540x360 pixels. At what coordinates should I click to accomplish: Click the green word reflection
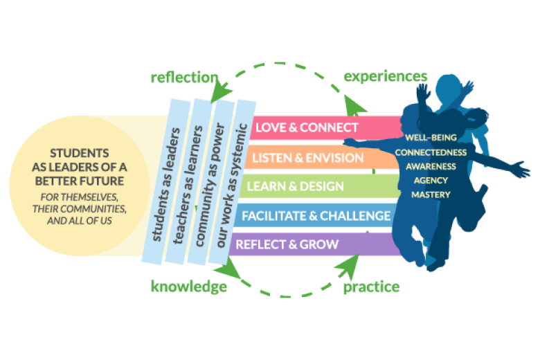point(184,77)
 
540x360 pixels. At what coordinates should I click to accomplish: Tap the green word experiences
point(386,75)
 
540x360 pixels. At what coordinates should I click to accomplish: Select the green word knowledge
point(189,286)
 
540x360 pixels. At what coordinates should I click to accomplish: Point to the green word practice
point(372,286)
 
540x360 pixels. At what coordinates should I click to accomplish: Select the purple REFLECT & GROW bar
point(287,244)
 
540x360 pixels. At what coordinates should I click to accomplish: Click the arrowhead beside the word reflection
point(224,89)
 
